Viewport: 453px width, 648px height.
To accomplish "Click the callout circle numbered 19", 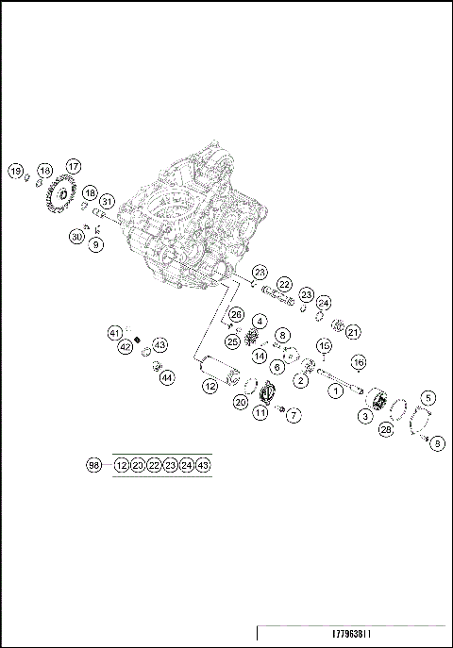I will tap(15, 171).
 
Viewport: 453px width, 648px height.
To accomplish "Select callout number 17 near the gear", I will tap(73, 166).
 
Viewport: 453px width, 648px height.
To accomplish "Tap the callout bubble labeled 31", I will tap(107, 202).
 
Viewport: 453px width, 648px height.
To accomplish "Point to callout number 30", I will tap(77, 237).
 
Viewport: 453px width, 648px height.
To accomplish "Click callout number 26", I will tap(236, 314).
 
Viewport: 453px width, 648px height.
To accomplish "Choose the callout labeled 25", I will tap(232, 341).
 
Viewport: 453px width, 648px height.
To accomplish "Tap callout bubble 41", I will tap(115, 333).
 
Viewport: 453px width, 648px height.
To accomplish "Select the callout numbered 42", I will tap(126, 347).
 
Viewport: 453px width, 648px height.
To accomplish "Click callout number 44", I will tap(166, 377).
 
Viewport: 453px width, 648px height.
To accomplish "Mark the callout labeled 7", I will tap(294, 414).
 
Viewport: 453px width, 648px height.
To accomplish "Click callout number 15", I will tap(324, 345).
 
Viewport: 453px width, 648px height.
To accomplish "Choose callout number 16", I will tap(359, 361).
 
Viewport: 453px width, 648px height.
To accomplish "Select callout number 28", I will tap(385, 429).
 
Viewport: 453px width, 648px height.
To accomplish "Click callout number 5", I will tap(428, 398).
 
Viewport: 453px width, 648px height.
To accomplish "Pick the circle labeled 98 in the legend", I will tap(93, 465).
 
